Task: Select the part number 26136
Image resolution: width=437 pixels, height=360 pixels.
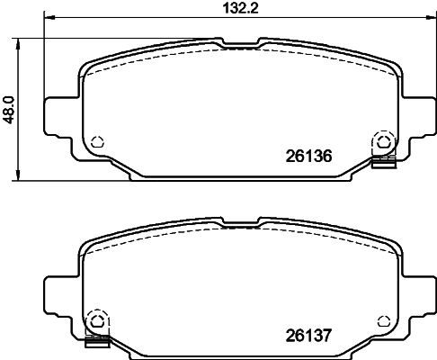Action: point(308,155)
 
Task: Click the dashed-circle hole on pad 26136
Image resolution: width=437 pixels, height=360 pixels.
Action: point(383,142)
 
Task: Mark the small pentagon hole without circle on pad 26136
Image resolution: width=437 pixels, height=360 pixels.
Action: point(97,141)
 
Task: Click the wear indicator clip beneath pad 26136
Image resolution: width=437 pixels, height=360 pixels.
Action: point(384,162)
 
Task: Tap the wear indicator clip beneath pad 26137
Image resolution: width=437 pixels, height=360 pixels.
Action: point(96,341)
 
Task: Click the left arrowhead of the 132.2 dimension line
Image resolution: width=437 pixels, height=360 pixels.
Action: point(48,18)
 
